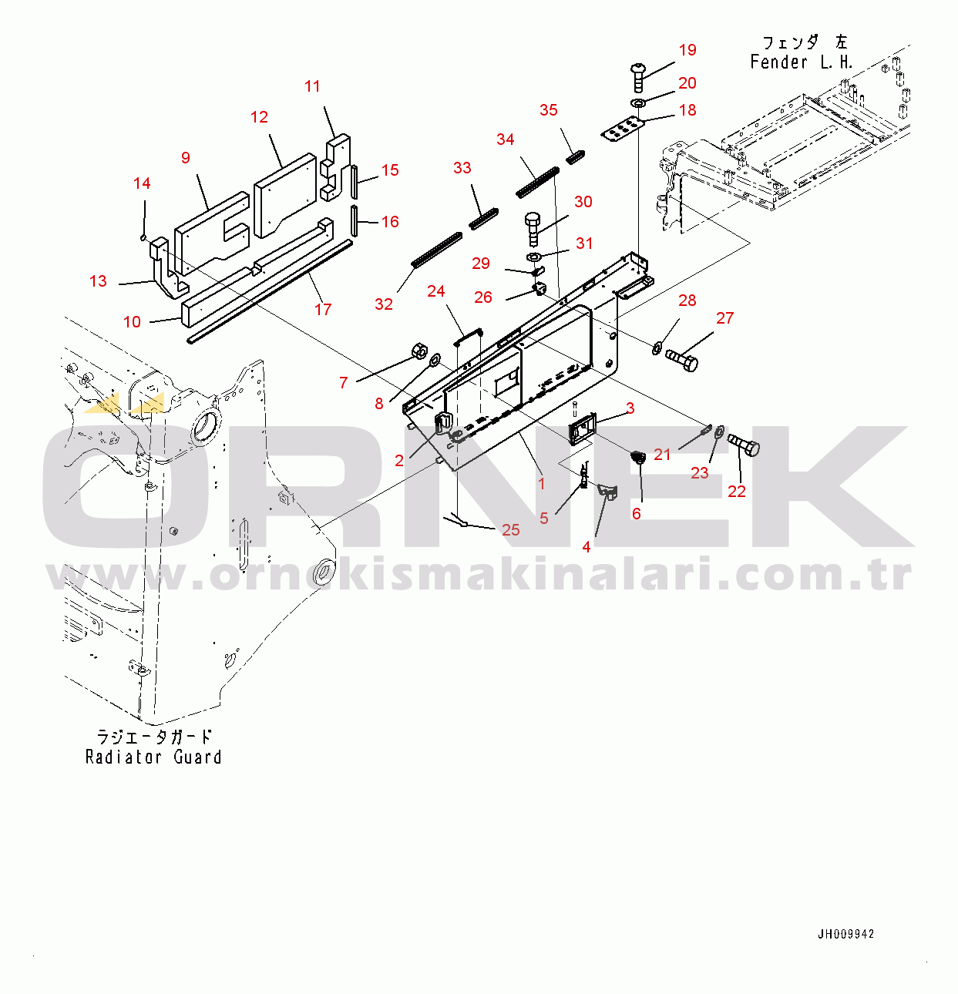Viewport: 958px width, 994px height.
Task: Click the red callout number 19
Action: coord(687,50)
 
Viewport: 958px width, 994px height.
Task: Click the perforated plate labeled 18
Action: coord(621,129)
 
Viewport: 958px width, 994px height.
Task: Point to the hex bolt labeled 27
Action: coord(681,360)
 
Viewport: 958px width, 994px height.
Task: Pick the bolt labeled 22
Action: coord(744,445)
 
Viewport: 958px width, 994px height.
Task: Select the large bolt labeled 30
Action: coord(534,227)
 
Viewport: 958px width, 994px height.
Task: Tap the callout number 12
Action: coord(259,117)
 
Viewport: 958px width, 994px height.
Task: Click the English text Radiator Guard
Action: coord(153,757)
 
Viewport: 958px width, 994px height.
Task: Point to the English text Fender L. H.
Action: coord(801,62)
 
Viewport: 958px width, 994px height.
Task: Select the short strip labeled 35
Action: coord(575,157)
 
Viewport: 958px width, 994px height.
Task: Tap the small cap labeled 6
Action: coord(638,457)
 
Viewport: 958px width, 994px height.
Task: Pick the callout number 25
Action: coord(511,529)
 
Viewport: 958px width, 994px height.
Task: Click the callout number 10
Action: coord(132,322)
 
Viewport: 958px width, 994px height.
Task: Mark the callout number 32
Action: coord(384,304)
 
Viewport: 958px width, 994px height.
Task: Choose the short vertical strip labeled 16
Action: coord(354,220)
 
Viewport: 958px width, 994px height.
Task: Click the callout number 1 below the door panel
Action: coord(542,484)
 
